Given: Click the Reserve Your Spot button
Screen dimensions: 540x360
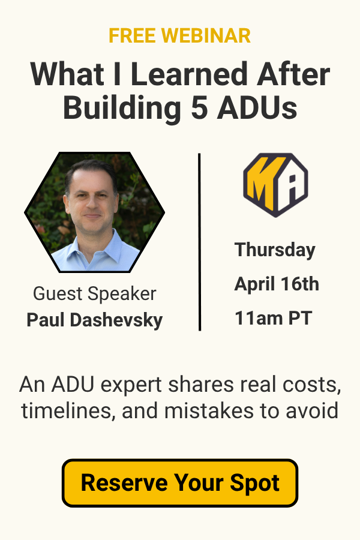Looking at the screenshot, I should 180,482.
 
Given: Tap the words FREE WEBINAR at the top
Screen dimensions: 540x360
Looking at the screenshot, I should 180,36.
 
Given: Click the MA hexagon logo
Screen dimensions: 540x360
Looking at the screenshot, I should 275,184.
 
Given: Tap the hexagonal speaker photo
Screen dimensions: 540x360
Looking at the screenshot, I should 95,212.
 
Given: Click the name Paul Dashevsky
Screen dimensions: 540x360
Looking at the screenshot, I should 95,320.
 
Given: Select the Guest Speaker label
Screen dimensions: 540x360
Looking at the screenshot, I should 95,294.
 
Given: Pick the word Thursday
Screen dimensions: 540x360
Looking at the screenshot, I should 275,250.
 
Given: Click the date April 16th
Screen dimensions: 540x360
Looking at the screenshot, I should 277,284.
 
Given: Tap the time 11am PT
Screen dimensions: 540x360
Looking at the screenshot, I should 273,318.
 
